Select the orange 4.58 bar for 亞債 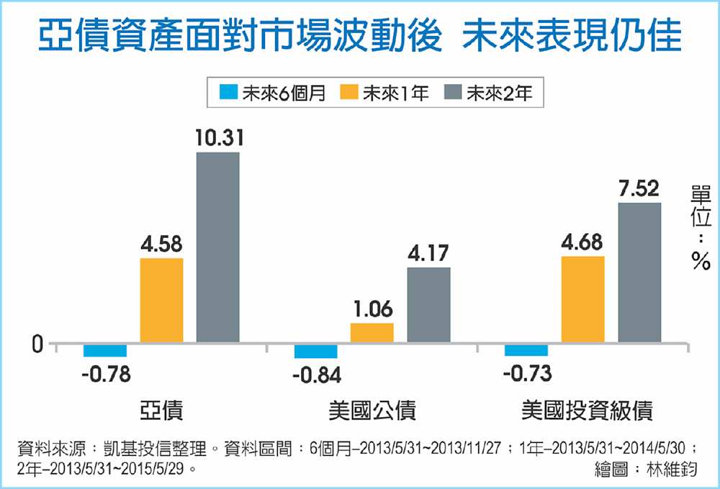[x=161, y=300]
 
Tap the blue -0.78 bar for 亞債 [x=105, y=350]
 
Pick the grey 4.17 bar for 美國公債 [x=428, y=305]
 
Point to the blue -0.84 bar [x=316, y=351]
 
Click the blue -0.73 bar [x=526, y=349]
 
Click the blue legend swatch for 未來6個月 [x=229, y=93]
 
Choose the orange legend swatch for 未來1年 [x=349, y=93]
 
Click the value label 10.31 [x=217, y=139]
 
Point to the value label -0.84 [x=317, y=375]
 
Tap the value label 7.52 [x=639, y=189]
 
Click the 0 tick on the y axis [x=37, y=345]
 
